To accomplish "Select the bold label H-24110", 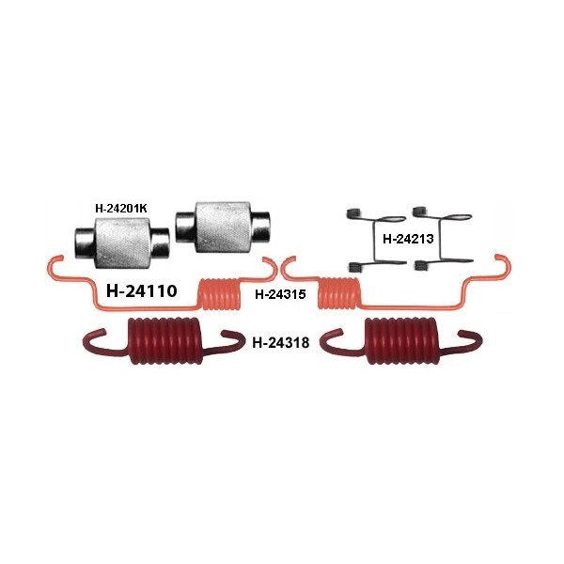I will (x=143, y=291).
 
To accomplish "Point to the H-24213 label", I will (x=407, y=239).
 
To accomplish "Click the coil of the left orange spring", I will (x=220, y=291).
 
